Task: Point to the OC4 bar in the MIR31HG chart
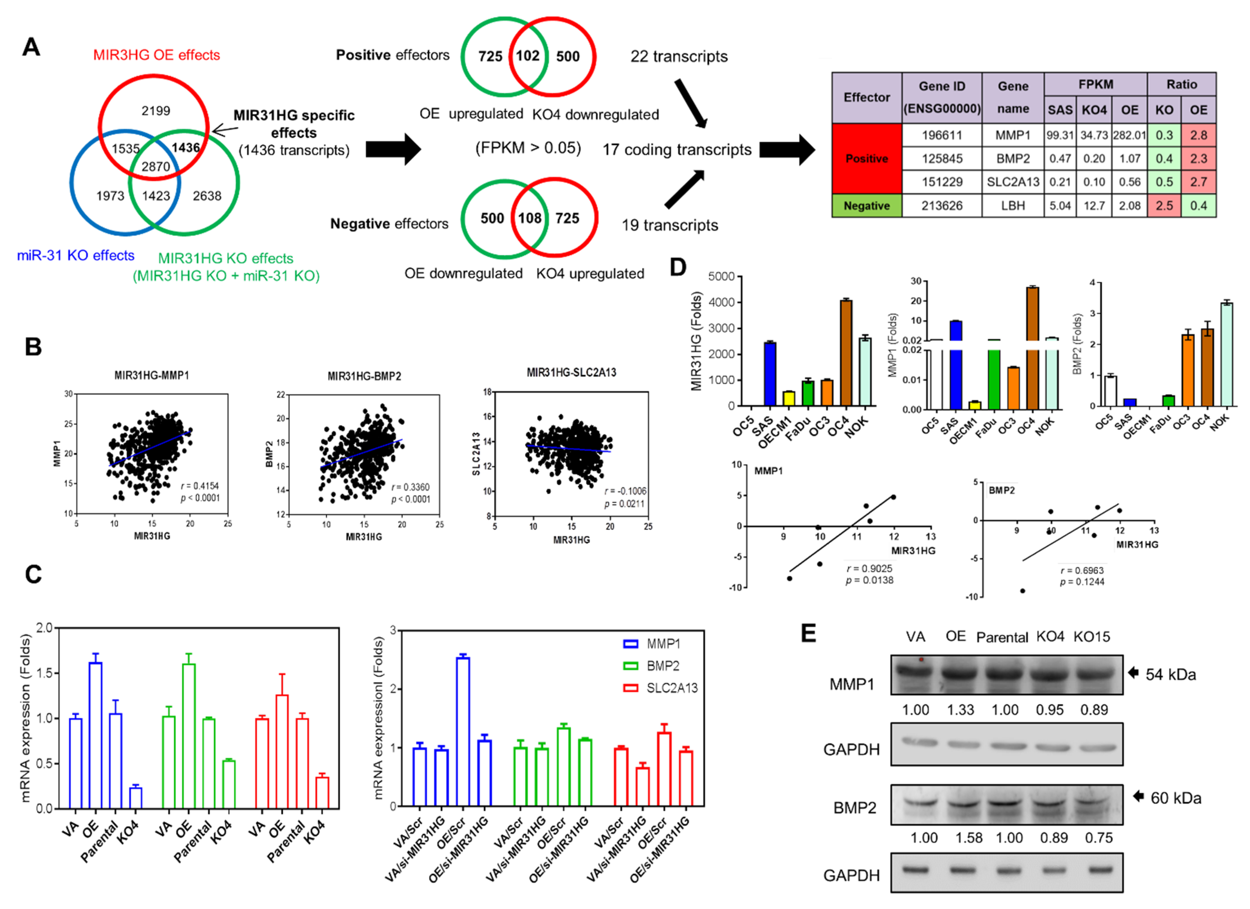click(846, 353)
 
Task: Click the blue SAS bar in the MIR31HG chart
click(770, 374)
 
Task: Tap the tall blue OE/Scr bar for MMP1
click(463, 731)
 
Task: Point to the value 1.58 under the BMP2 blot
click(969, 838)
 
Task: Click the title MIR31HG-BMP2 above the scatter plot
click(364, 376)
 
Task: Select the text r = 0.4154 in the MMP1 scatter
click(200, 486)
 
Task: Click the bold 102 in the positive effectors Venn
click(527, 56)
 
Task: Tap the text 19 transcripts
click(670, 225)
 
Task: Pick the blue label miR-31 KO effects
click(75, 256)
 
